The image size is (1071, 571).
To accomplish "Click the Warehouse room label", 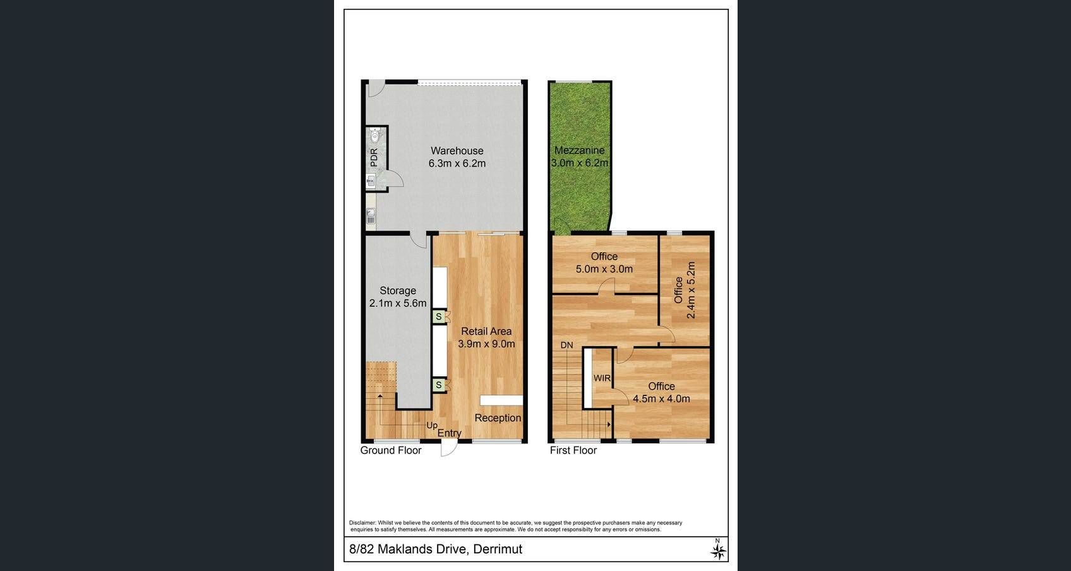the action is point(457,150).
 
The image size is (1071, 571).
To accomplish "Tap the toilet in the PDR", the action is point(375,135).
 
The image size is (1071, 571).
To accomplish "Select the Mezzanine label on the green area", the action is point(580,150).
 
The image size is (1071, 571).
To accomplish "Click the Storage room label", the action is point(398,291).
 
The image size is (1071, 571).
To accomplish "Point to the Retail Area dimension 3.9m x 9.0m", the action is point(487,344).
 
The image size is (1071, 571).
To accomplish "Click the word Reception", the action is point(498,418).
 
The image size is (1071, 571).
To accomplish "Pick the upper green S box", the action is point(438,316).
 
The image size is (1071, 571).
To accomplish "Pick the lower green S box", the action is point(438,385).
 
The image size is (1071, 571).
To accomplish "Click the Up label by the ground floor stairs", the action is point(432,425).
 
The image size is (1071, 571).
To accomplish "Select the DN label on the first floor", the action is point(566,345).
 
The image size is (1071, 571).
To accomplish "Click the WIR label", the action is point(602,378).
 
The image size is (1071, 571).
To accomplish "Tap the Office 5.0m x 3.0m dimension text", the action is point(604,269).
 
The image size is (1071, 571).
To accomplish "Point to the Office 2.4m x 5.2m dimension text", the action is point(690,290).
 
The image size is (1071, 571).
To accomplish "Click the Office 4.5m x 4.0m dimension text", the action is point(662,399).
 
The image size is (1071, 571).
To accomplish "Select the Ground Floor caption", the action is point(391,450).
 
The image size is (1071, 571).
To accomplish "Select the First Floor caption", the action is point(573,450).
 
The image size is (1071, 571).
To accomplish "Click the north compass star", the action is point(718,551).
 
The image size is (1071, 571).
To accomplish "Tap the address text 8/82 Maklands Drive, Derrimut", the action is point(436,549).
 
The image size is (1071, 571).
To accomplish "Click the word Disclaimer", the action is point(362,523).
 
